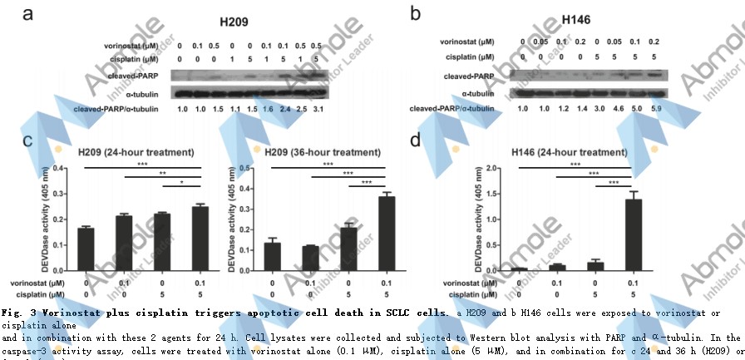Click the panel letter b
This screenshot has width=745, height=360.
click(x=416, y=14)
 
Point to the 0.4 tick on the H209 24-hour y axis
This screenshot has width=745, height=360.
click(x=63, y=168)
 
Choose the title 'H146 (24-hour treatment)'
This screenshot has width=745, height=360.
click(x=569, y=152)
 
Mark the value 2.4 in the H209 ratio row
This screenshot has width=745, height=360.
click(x=285, y=108)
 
